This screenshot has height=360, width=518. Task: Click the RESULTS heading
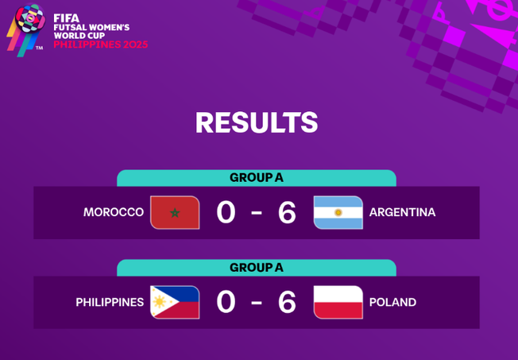click(x=257, y=123)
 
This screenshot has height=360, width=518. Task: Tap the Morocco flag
click(x=175, y=212)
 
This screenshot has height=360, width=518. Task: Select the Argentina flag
click(x=338, y=212)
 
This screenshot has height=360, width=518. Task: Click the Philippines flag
click(x=175, y=302)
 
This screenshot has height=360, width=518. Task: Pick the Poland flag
click(x=338, y=302)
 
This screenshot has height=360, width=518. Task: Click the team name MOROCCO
click(x=114, y=212)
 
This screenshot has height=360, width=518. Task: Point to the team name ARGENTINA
click(x=402, y=212)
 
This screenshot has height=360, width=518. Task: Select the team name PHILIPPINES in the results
click(x=110, y=302)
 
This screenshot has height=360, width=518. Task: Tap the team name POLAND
click(x=392, y=302)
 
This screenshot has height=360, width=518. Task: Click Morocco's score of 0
click(x=226, y=212)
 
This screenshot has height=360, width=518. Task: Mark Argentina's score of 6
click(x=287, y=212)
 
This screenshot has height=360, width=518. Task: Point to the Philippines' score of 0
click(x=226, y=302)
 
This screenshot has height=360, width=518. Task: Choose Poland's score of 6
click(x=287, y=302)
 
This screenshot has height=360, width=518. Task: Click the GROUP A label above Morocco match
click(x=257, y=177)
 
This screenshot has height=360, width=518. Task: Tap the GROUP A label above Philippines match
click(x=257, y=267)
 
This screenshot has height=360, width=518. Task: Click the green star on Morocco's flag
click(x=175, y=212)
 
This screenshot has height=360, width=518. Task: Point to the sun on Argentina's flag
click(x=338, y=212)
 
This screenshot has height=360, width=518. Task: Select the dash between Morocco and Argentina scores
click(x=257, y=213)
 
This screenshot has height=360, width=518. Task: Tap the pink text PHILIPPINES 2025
click(x=100, y=45)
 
